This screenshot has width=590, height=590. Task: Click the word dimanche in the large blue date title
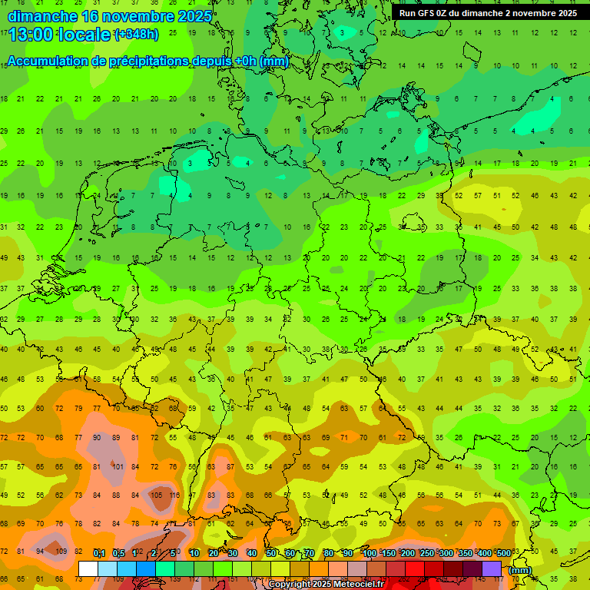[41, 16]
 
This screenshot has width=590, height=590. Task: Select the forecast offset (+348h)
[136, 35]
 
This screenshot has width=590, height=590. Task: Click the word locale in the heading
[84, 34]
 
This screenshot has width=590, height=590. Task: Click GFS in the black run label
[427, 13]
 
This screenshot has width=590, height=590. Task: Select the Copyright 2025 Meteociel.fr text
[326, 584]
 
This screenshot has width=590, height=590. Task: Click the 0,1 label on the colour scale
[99, 553]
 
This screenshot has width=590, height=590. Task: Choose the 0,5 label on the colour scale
[118, 553]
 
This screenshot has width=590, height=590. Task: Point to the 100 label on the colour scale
[370, 553]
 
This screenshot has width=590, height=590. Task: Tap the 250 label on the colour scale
[427, 553]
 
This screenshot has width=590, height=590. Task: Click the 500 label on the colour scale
[503, 553]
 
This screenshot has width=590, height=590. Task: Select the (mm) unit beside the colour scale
[520, 570]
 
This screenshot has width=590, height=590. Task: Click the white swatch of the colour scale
[88, 569]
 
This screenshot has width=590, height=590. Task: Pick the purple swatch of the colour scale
[492, 569]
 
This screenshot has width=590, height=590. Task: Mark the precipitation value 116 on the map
[174, 496]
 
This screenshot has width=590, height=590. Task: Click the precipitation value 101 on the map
[117, 466]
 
